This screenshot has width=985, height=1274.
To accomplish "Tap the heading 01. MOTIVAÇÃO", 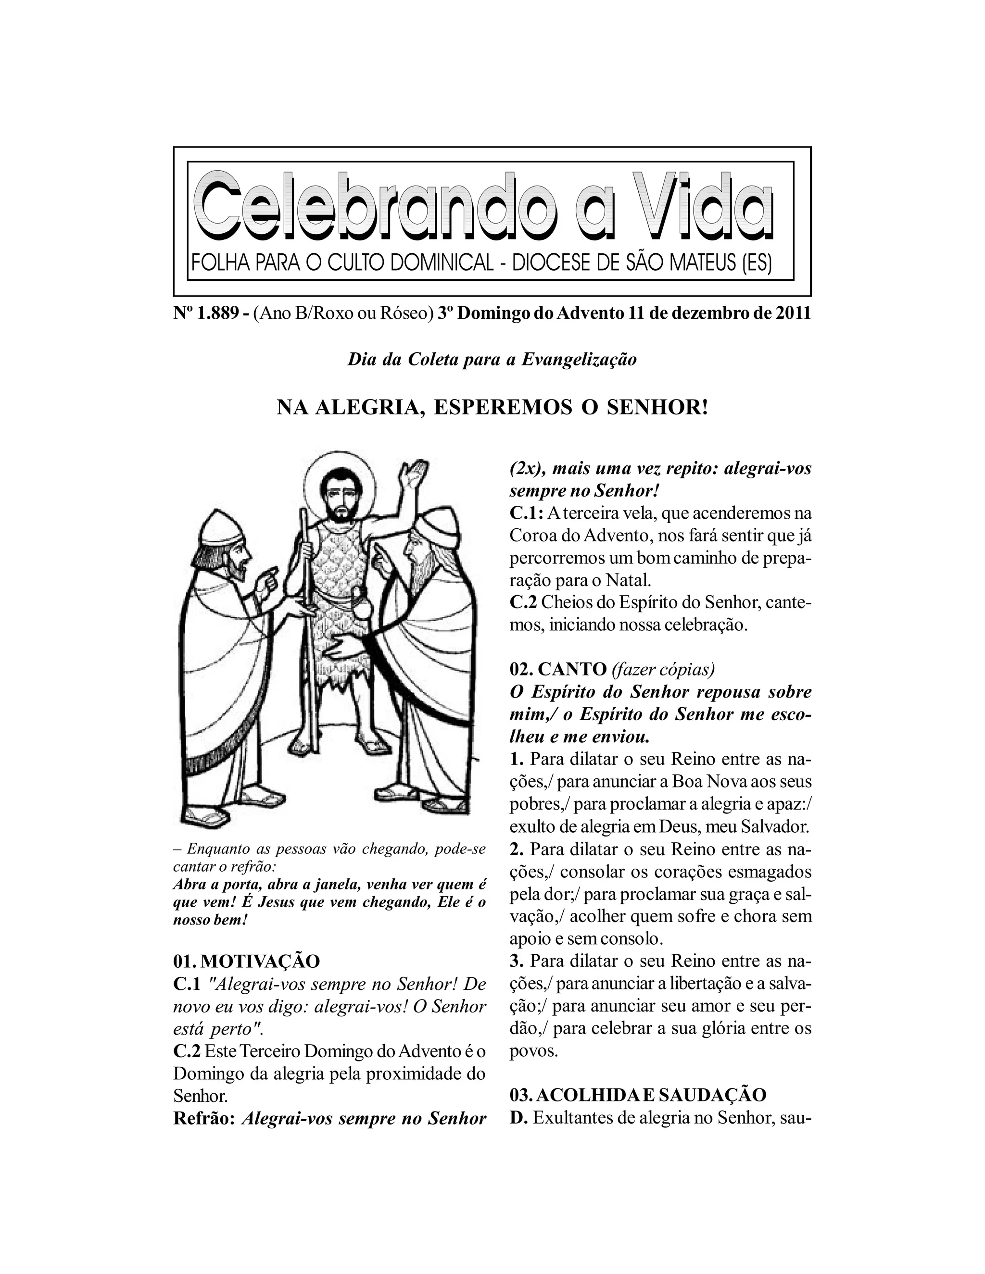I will point(247,961).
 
